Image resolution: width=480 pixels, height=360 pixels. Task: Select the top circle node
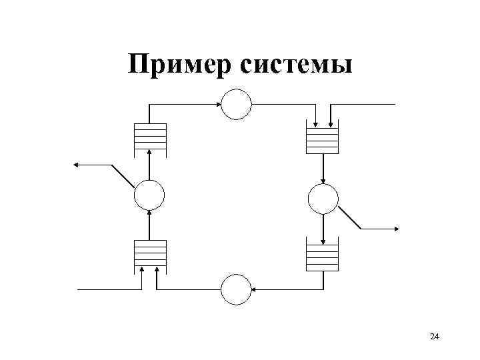pos(236,104)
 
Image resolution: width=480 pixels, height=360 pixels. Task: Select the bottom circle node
pos(236,289)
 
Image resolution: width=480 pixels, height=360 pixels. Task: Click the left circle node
pos(149,195)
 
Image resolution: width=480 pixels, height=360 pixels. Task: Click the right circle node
pos(323,198)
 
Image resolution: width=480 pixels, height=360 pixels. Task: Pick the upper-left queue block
pos(149,138)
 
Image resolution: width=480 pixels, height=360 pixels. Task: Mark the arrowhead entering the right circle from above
pos(323,180)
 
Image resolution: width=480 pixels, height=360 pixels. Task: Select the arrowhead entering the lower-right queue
pos(323,237)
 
